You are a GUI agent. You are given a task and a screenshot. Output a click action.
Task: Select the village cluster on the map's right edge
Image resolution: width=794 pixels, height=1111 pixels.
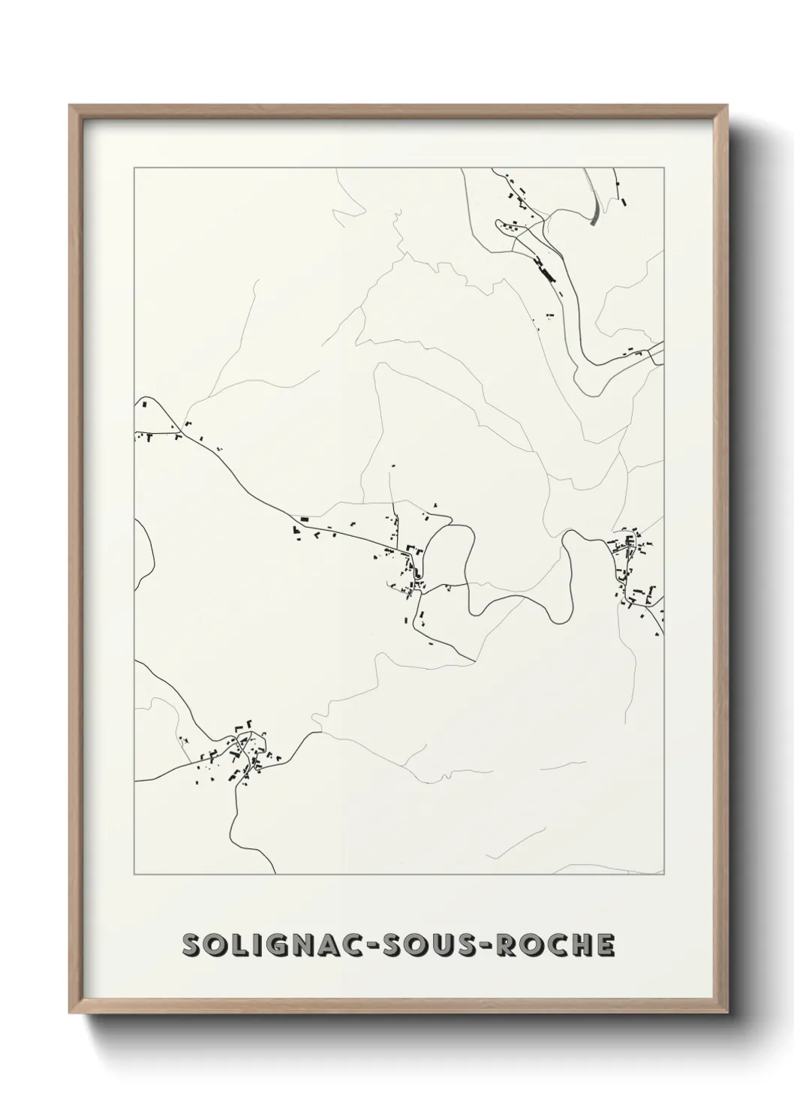tap(634, 571)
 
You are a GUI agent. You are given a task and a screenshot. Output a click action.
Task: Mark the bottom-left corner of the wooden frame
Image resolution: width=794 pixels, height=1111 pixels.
tap(71, 1010)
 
